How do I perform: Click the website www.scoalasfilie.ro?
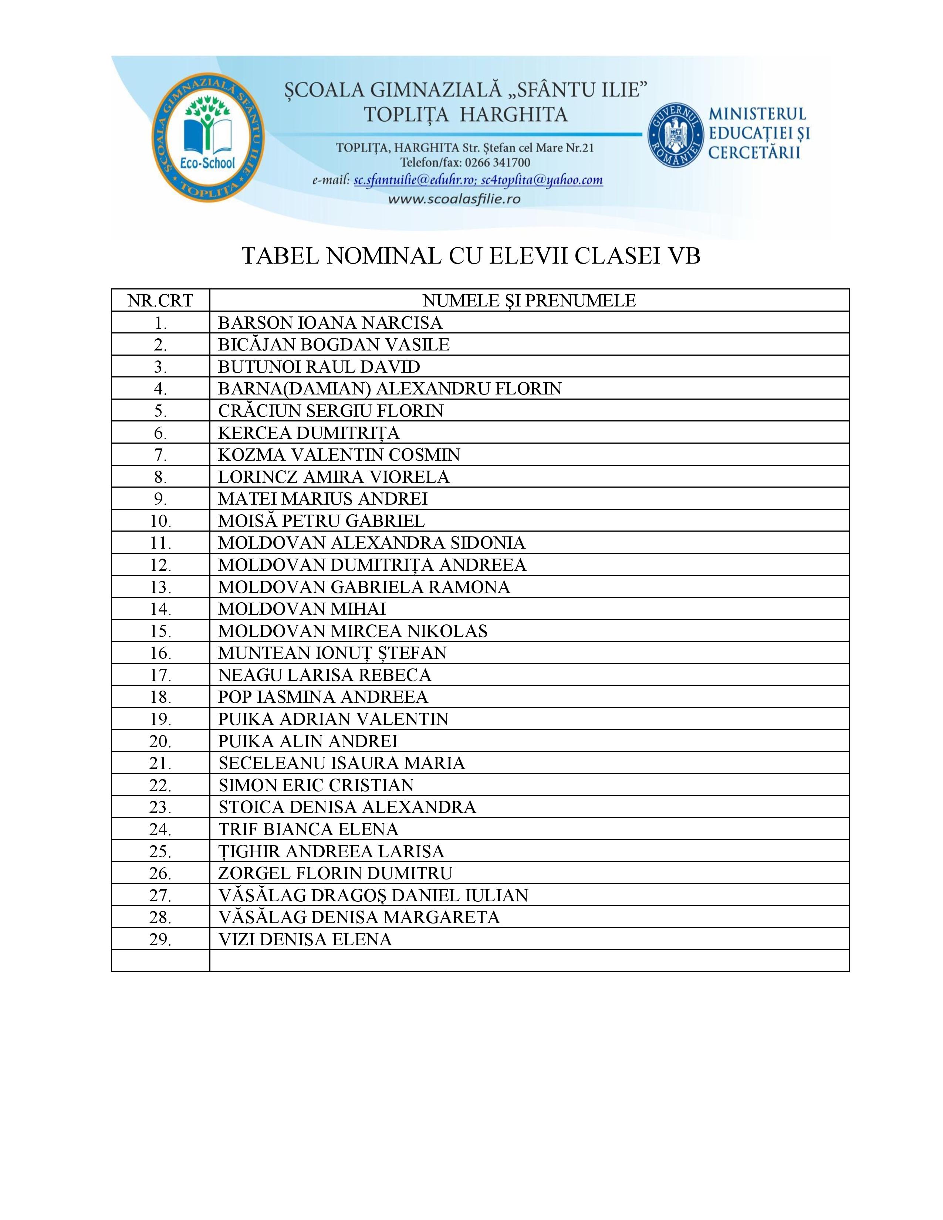[454, 198]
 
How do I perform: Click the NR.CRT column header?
[160, 301]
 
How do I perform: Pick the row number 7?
[160, 455]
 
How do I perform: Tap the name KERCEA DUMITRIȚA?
[309, 433]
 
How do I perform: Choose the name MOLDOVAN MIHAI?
[302, 608]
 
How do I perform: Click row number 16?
[160, 653]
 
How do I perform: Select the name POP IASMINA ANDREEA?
[323, 697]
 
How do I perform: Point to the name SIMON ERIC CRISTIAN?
[316, 785]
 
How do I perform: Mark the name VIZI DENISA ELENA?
[305, 939]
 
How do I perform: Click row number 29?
[160, 939]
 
